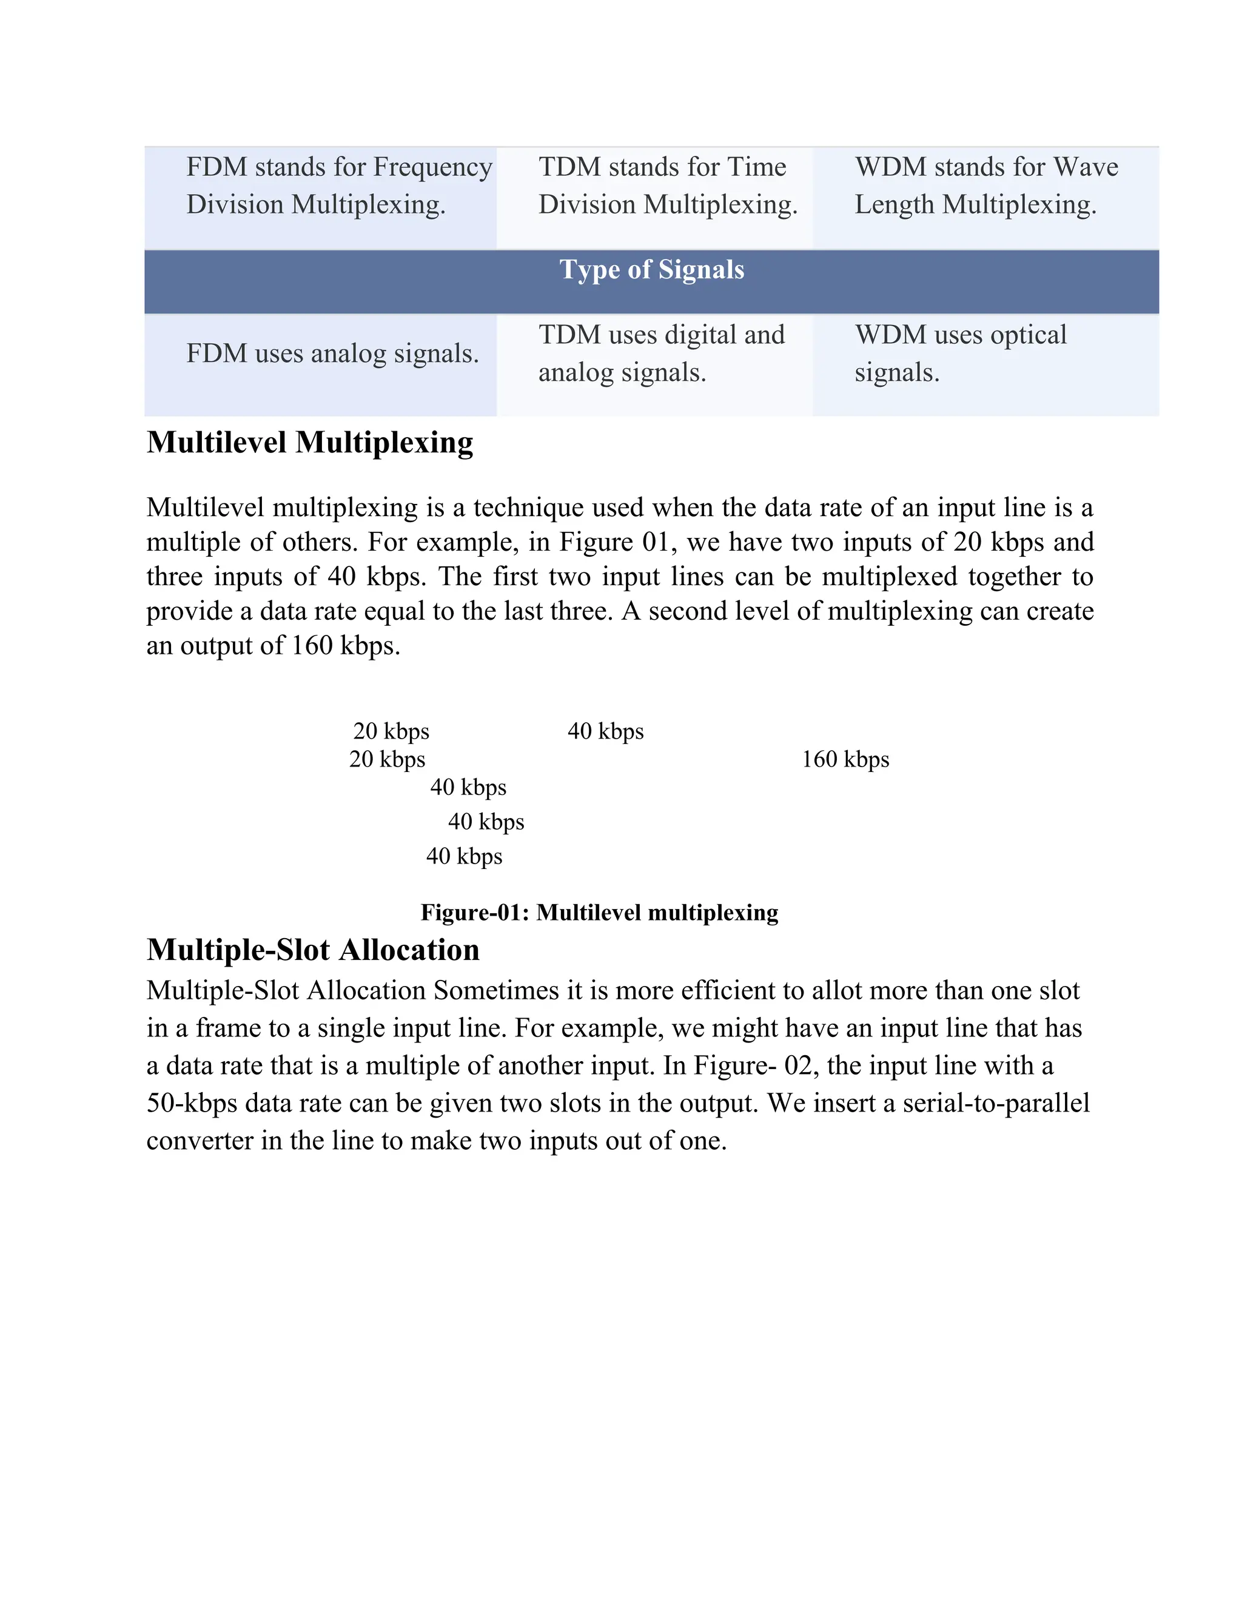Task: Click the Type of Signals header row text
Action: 651,270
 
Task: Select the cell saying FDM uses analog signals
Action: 332,354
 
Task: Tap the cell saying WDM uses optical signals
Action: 960,354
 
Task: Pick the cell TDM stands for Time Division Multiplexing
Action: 667,186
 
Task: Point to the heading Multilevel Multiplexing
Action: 310,443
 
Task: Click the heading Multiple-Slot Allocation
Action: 313,950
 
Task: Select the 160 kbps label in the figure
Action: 845,759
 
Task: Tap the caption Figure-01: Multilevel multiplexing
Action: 599,913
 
